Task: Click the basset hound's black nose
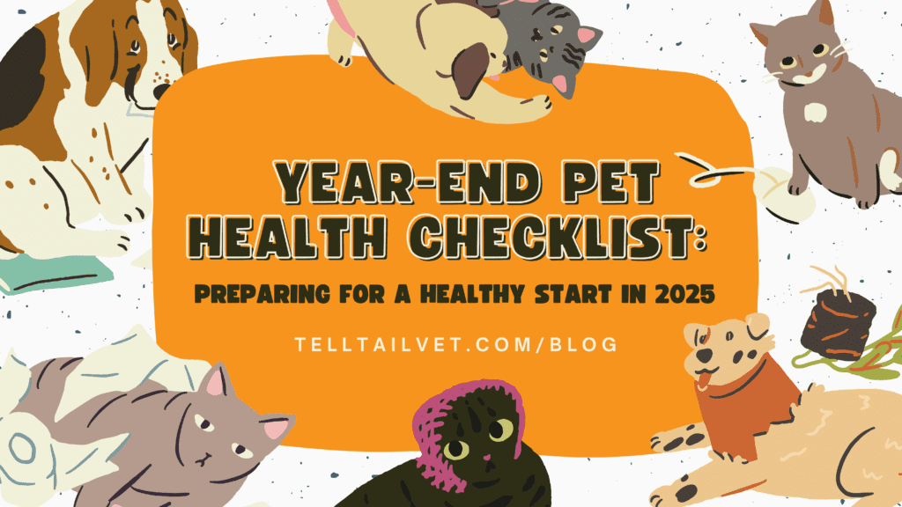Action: click(x=159, y=92)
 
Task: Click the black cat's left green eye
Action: click(x=456, y=449)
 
